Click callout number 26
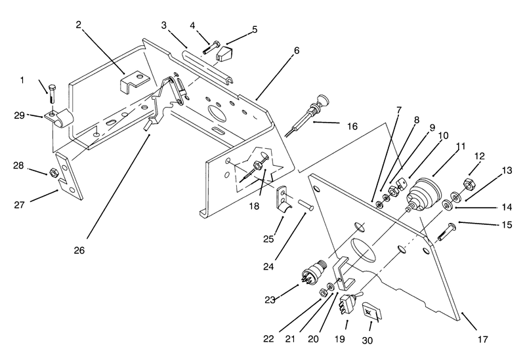click(x=79, y=250)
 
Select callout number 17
click(x=482, y=340)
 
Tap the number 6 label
click(x=297, y=50)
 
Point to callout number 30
click(x=367, y=340)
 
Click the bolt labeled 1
click(x=52, y=94)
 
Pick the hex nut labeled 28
click(x=54, y=172)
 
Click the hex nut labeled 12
click(x=469, y=185)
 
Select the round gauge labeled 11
click(x=423, y=194)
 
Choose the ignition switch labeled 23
click(x=314, y=271)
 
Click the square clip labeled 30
click(x=371, y=313)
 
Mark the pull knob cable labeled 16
click(x=308, y=116)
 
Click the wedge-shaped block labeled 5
click(x=224, y=54)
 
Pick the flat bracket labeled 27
click(x=70, y=176)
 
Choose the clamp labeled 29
click(x=59, y=118)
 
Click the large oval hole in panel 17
click(x=364, y=250)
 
